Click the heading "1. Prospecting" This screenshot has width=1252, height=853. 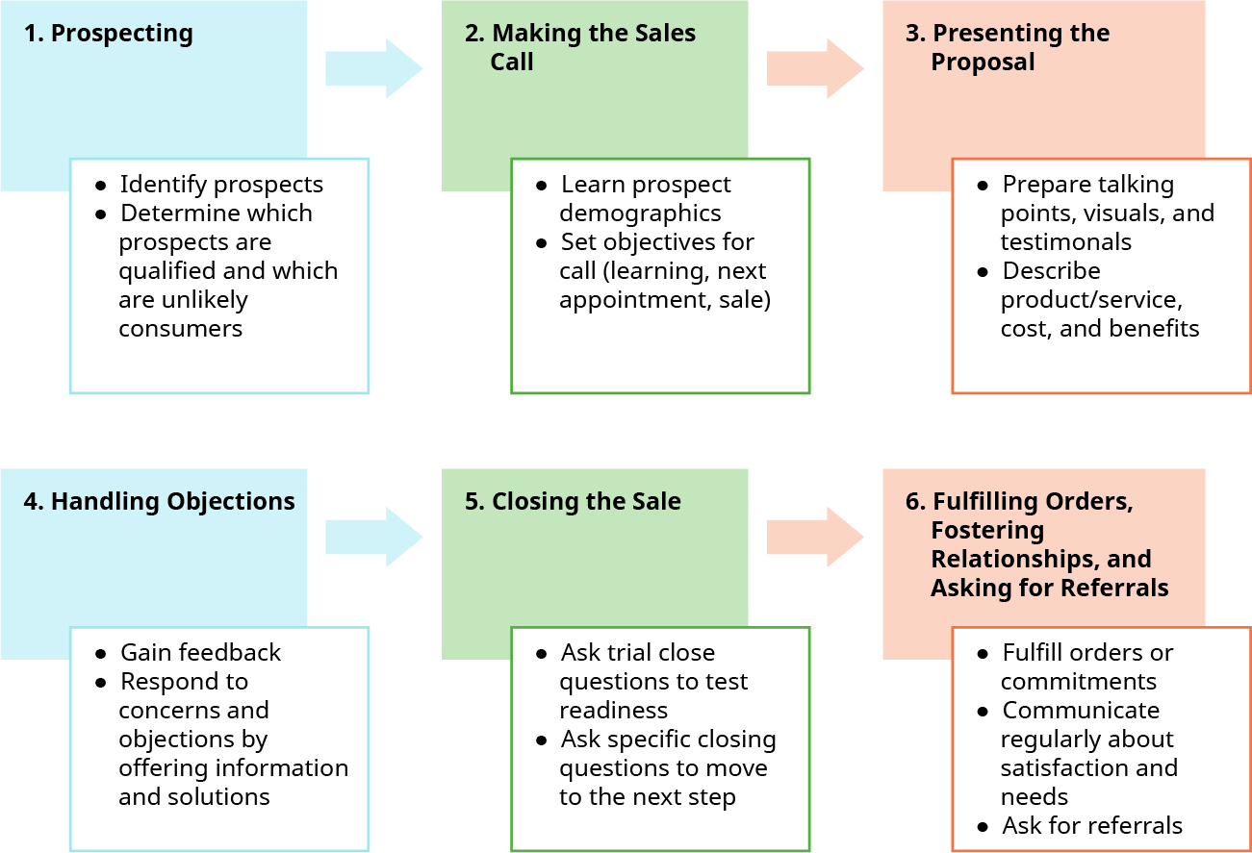(x=109, y=34)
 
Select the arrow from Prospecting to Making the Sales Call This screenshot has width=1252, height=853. (x=373, y=68)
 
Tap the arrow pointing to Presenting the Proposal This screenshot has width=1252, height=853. (x=814, y=68)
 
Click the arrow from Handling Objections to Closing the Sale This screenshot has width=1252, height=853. (x=373, y=537)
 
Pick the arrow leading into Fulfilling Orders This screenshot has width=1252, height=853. (x=814, y=537)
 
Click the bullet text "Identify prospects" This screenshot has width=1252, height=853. (x=221, y=185)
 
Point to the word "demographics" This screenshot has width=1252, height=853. (x=640, y=213)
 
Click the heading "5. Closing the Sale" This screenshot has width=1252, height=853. (x=574, y=502)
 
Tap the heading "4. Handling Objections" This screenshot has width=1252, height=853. (x=160, y=502)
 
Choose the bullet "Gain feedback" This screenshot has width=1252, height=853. (x=200, y=653)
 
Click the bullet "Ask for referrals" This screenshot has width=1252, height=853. (x=1092, y=826)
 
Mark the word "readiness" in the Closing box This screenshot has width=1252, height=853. (x=613, y=711)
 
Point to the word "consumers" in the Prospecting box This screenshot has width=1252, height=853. (x=180, y=329)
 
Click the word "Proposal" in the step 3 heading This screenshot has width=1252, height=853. (x=983, y=63)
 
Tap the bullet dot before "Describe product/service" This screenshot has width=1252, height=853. (x=983, y=272)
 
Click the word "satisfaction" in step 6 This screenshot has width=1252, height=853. (x=1088, y=768)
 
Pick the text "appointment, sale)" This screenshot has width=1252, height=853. (x=665, y=300)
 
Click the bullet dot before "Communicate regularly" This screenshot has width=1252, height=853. (x=983, y=712)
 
